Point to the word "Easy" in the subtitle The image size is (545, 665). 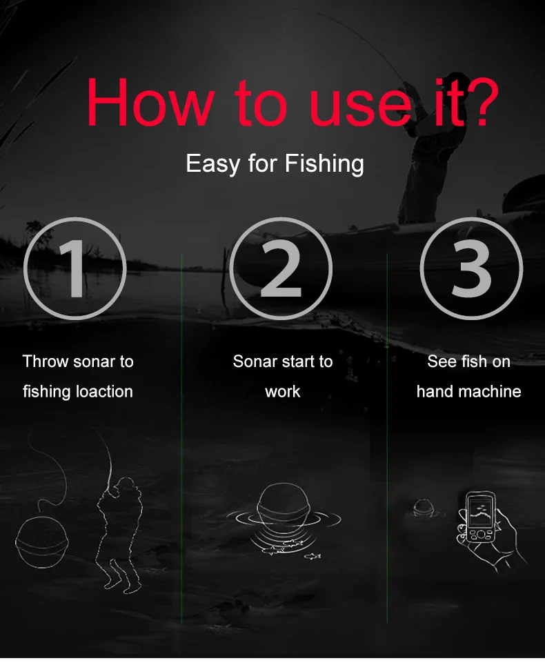point(212,164)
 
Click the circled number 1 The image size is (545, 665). point(75,268)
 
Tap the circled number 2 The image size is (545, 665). point(281,268)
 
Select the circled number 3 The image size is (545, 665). point(471,268)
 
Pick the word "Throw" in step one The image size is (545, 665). point(46,361)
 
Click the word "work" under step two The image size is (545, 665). point(283,391)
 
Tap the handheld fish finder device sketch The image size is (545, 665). point(479,518)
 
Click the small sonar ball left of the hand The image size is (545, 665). point(423,508)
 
